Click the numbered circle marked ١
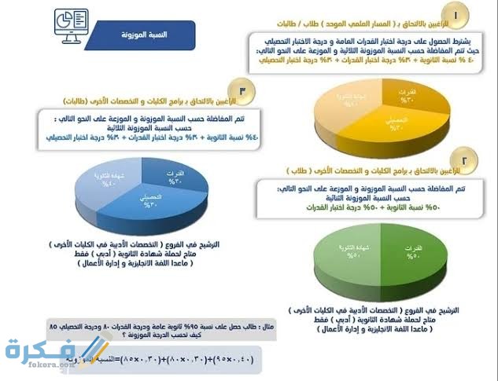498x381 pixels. point(457,14)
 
